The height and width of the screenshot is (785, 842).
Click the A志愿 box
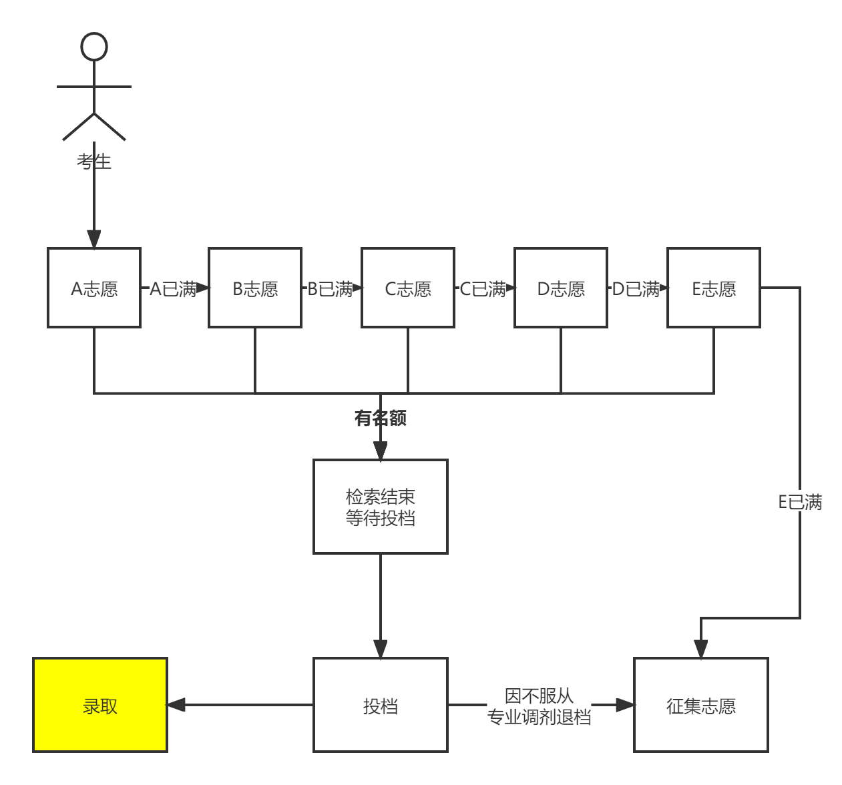(94, 288)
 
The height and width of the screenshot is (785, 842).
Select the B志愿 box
(255, 288)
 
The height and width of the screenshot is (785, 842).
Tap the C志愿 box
(408, 288)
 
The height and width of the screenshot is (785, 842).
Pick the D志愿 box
(561, 288)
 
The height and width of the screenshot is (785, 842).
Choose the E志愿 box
(714, 288)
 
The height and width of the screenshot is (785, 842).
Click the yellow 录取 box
(100, 705)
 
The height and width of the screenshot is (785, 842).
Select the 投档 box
(381, 705)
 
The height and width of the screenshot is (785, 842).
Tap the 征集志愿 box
(701, 705)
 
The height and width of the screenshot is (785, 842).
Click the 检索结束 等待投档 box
(381, 507)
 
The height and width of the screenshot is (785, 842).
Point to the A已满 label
(173, 288)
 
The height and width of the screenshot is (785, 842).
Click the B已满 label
(329, 288)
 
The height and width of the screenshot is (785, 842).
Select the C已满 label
(483, 288)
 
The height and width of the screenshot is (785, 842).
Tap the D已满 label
(636, 288)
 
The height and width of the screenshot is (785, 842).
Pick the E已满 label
(800, 501)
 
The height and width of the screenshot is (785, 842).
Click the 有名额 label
(381, 418)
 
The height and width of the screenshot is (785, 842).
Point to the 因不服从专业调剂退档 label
(539, 706)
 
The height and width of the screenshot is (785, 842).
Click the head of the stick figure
(94, 47)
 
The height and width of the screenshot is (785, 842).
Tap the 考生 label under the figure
(93, 162)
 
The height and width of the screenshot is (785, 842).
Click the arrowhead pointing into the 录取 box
(176, 705)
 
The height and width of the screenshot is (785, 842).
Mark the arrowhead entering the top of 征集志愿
(700, 649)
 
